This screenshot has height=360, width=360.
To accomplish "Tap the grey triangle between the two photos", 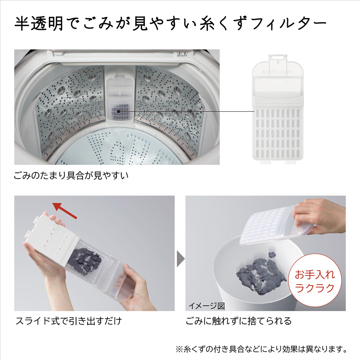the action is click(181, 259).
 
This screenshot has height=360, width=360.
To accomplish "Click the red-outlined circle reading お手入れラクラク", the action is click(315, 281).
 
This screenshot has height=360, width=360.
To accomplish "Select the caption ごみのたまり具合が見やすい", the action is click(71, 176).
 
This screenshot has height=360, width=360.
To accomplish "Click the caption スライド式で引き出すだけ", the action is click(68, 321).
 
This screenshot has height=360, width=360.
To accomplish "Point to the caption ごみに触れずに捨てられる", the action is click(239, 321).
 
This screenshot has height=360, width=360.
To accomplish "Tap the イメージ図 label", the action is click(206, 306).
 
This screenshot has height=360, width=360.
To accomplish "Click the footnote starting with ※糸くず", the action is click(261, 349).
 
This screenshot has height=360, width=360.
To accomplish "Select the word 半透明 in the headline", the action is click(39, 23).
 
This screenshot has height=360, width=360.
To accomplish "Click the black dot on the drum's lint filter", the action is click(119, 111).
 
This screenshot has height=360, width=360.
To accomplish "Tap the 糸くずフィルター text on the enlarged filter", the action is click(278, 72).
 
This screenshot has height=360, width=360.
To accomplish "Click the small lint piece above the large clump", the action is click(272, 255).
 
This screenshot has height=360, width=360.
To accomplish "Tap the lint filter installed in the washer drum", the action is click(120, 96).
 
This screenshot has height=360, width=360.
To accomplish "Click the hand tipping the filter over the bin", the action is click(319, 216).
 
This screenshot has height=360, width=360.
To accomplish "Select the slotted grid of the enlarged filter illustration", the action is click(278, 132).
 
